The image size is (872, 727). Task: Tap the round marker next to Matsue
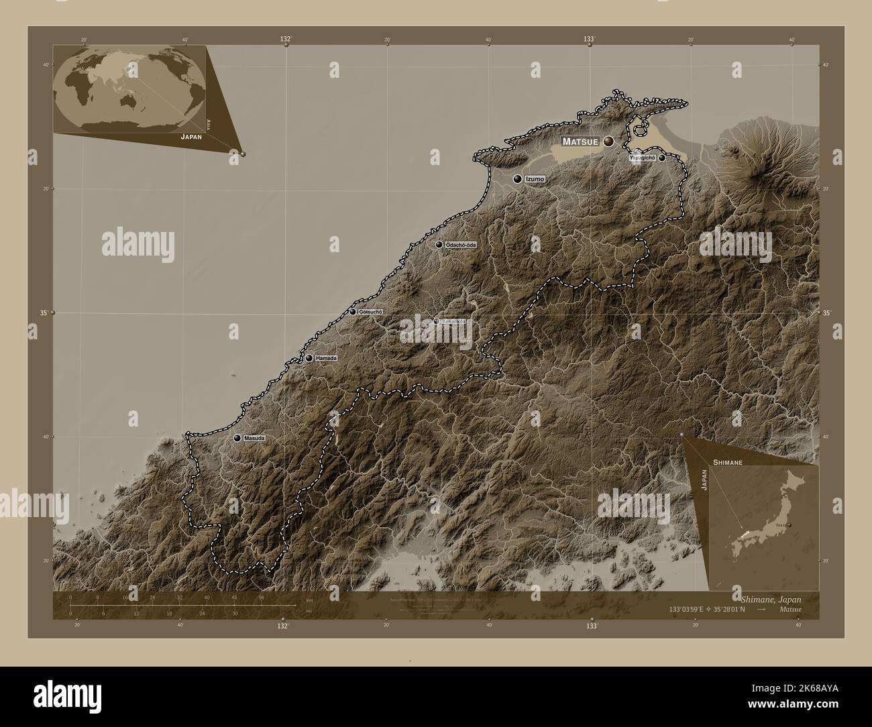(x=608, y=142)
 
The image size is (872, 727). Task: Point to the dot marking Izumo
(x=518, y=179)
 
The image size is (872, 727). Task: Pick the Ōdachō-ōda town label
(x=461, y=245)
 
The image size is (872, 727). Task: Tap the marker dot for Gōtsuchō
(x=353, y=312)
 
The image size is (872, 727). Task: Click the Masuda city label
(x=254, y=438)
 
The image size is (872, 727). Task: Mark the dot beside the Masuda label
(x=237, y=438)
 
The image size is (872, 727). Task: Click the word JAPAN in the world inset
(x=190, y=135)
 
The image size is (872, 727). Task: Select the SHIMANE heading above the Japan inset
(x=727, y=463)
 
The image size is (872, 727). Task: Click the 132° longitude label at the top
(x=286, y=39)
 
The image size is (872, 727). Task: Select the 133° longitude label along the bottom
(x=591, y=626)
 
